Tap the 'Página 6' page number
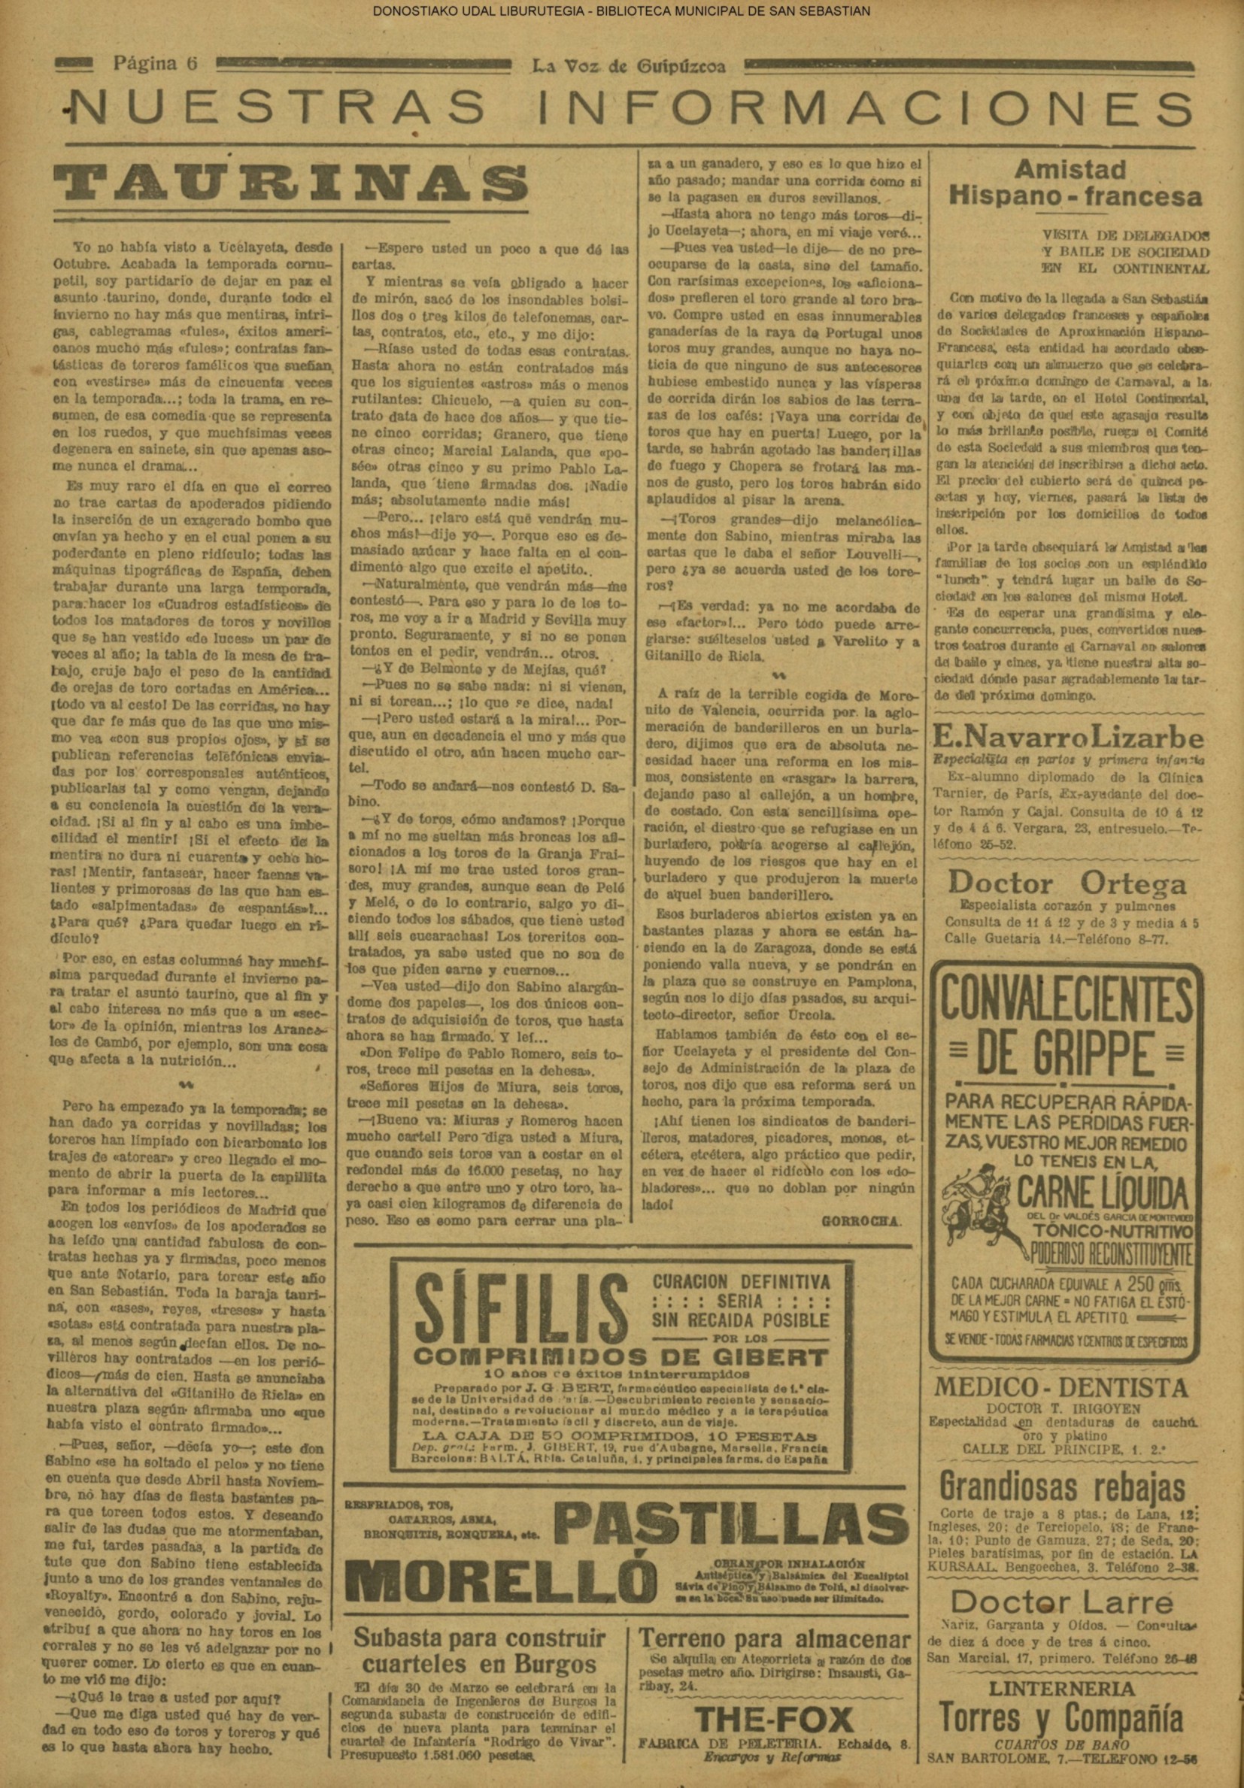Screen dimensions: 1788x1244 [156, 65]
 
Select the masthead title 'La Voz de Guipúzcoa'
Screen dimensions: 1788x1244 [628, 67]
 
